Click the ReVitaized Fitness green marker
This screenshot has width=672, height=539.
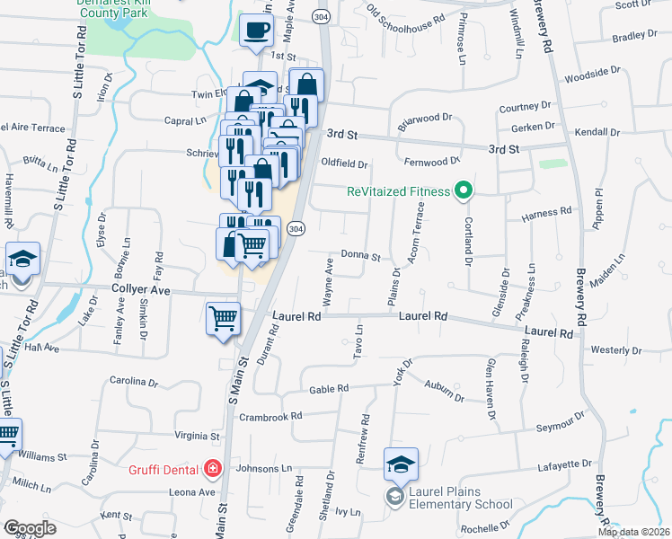coord(464,190)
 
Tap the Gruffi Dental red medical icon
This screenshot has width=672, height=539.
coord(212,468)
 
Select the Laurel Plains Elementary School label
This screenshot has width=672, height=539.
coord(460,498)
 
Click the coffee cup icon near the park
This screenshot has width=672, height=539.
coord(257,31)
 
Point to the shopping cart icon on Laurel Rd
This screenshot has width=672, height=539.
coord(223,317)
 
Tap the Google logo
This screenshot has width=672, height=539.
coord(30,528)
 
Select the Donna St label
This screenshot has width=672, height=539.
coord(360,256)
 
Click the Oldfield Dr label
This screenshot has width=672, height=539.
coord(345,164)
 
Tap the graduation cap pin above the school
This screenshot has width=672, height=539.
coord(401,464)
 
